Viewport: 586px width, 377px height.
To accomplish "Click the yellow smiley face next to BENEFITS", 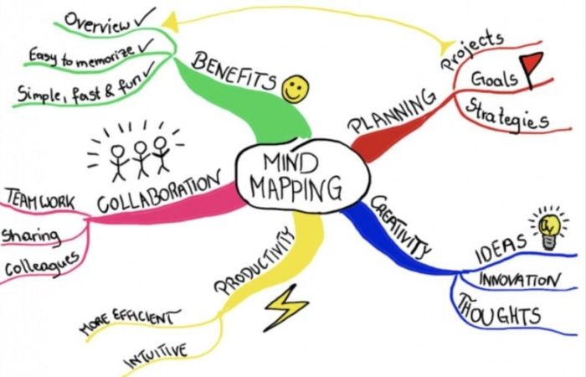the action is tap(296, 89).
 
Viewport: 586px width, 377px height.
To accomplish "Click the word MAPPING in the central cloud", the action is tap(296, 188).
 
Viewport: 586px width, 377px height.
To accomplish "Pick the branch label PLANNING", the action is tap(392, 111).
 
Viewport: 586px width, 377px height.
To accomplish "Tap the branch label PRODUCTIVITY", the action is tap(254, 261).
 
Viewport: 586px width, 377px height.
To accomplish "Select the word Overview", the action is tap(98, 22).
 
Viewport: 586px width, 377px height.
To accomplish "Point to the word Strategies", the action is tap(507, 114).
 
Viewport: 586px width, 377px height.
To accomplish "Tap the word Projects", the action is tap(472, 50).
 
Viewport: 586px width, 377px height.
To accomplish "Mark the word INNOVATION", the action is tap(520, 280).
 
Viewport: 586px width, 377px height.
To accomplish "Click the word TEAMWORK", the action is tap(40, 199).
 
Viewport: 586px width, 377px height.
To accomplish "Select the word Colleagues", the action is tap(42, 264).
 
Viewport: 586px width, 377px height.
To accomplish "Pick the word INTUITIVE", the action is tap(156, 356).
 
